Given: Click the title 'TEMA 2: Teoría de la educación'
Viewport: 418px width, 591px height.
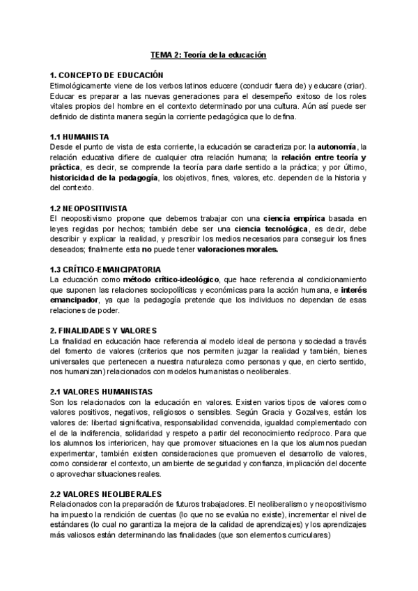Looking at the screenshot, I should point(209,54).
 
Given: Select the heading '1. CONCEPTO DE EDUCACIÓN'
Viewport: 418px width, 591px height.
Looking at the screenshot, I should point(107,75).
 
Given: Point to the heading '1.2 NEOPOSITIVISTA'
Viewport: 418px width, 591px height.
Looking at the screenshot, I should point(93,208).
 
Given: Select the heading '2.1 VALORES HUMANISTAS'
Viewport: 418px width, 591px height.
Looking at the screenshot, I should point(103,392).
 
